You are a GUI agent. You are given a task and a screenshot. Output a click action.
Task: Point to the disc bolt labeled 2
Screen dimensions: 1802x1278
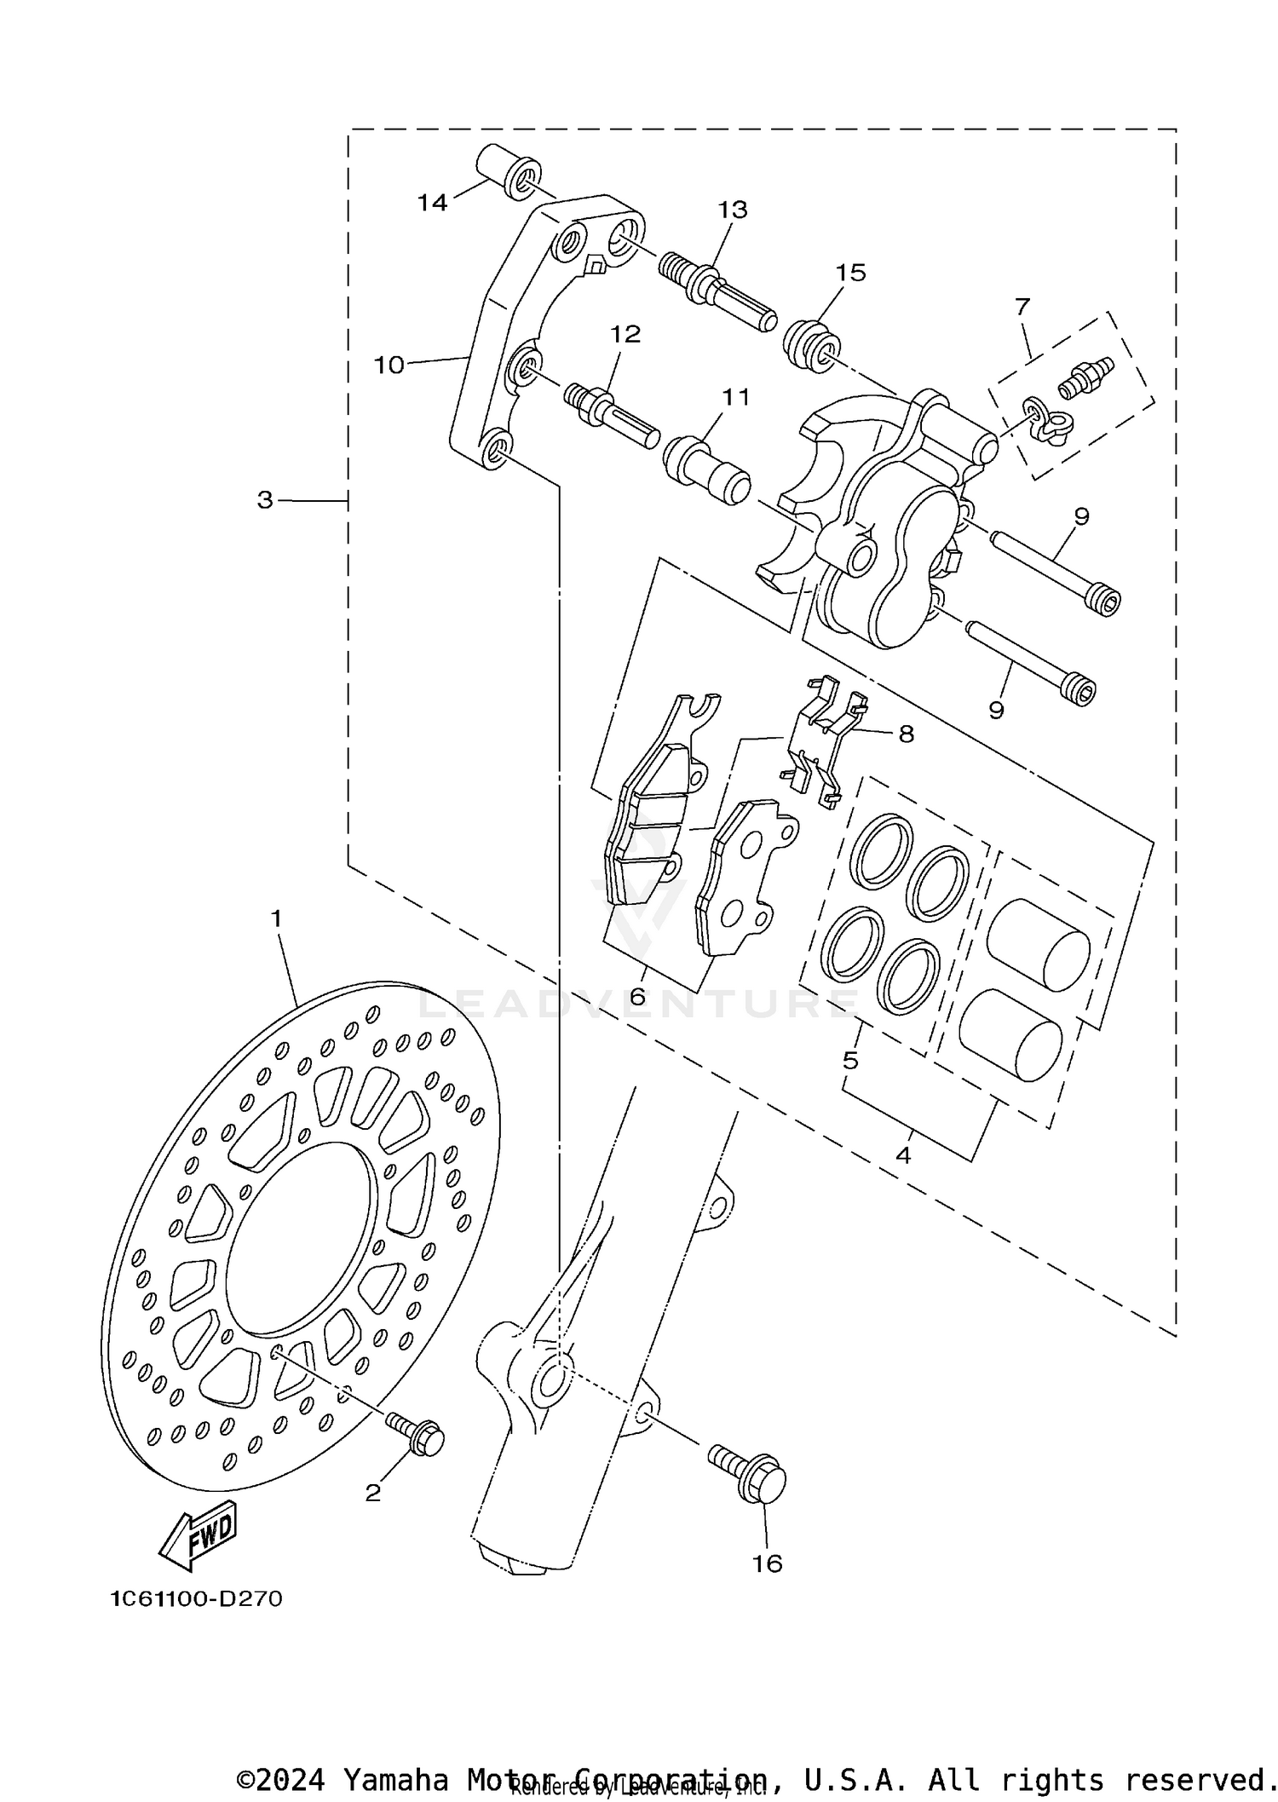417,1435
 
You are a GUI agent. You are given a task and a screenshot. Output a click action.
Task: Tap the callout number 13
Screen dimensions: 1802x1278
733,209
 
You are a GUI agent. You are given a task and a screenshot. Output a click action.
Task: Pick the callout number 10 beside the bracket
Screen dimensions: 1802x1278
389,365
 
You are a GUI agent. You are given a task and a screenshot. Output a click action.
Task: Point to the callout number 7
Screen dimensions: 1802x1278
1022,306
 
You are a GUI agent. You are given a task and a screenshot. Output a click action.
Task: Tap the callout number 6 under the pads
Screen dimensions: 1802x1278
637,996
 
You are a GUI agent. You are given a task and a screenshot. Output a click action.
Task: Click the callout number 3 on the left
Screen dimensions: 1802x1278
266,500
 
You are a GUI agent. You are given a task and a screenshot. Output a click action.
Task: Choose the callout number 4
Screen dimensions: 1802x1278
903,1155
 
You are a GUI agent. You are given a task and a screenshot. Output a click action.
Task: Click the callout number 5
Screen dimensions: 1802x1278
850,1061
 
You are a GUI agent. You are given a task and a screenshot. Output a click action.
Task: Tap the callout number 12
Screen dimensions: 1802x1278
625,334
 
